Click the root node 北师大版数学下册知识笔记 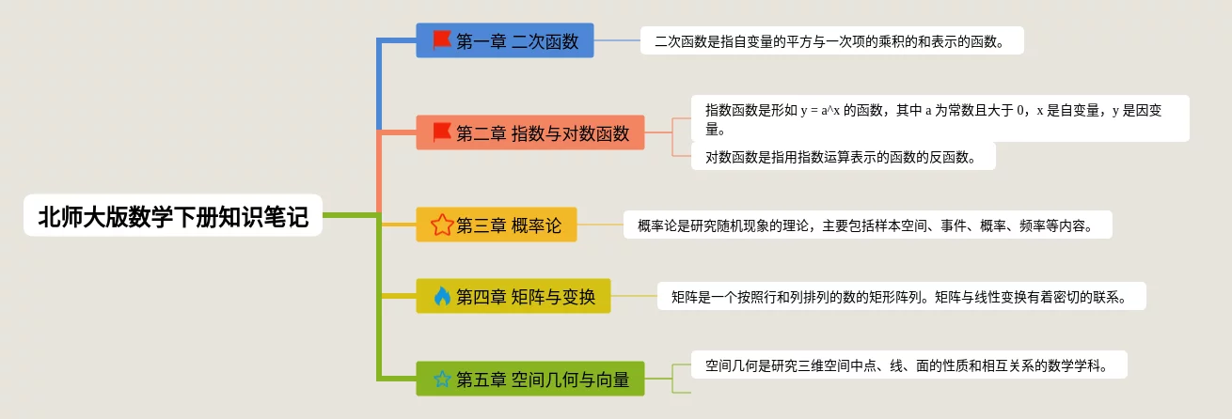[173, 216]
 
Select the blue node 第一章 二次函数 [505, 40]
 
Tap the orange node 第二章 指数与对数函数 [530, 132]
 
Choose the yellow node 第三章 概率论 [496, 225]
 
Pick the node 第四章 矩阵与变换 [513, 297]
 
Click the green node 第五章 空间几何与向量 [530, 379]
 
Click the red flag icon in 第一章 [442, 40]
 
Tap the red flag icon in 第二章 [442, 132]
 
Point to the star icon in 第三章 [442, 225]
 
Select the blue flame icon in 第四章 [442, 297]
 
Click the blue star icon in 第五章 [442, 379]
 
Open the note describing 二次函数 [831, 40]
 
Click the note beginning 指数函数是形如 [940, 118]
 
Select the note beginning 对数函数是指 [843, 156]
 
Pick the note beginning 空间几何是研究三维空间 [908, 365]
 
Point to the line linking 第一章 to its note [617, 40]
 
